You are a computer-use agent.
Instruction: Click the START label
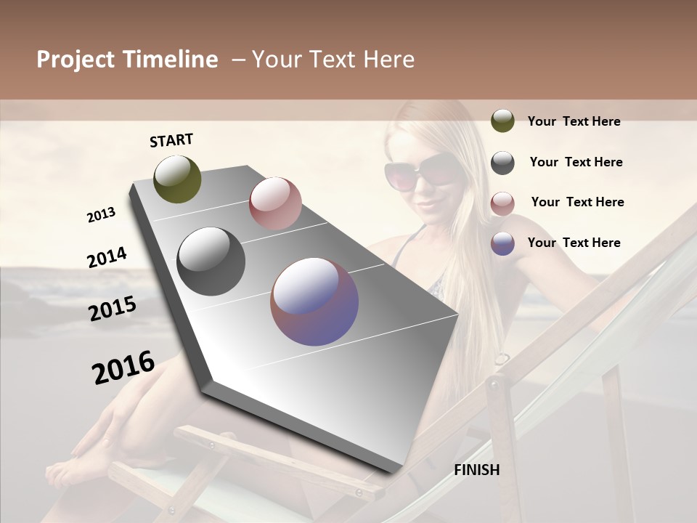click(171, 140)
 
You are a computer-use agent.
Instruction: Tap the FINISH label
click(476, 470)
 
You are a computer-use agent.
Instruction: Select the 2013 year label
click(101, 215)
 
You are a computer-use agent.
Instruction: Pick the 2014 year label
click(107, 257)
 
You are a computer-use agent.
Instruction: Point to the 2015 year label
click(113, 309)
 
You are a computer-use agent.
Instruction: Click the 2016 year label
click(123, 367)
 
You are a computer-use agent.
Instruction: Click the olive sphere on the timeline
click(177, 179)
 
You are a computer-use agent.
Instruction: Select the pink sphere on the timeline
click(275, 203)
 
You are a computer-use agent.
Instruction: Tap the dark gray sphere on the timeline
click(211, 261)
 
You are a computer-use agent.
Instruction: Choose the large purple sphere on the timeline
click(314, 301)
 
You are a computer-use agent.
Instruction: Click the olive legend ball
click(502, 121)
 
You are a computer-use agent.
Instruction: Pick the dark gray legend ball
click(502, 163)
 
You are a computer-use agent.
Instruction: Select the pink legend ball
click(502, 203)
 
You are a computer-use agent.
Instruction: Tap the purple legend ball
click(502, 243)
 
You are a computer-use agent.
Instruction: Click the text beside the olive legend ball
click(574, 121)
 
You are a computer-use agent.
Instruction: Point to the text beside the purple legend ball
click(574, 243)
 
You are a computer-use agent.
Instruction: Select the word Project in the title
click(76, 60)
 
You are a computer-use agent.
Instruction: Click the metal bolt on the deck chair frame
click(494, 383)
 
